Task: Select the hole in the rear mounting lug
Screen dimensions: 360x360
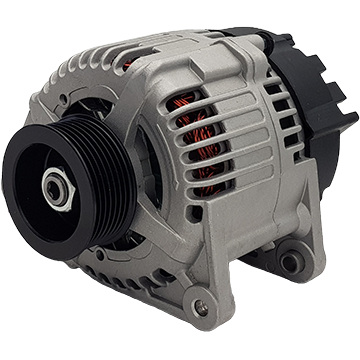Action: click(x=290, y=263)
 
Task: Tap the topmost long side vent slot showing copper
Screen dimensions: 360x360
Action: click(x=200, y=107)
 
